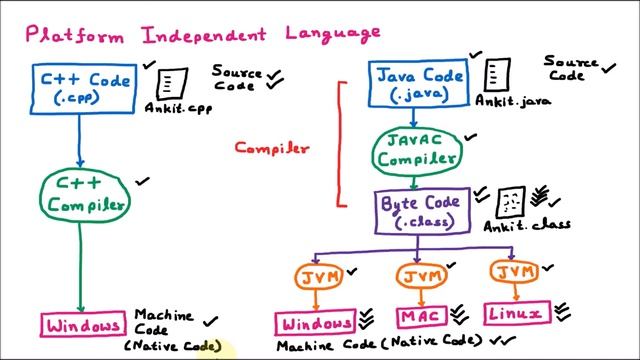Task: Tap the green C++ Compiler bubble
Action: (85, 195)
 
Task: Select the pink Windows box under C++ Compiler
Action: (83, 326)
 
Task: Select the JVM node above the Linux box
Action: (515, 272)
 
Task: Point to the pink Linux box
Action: (515, 314)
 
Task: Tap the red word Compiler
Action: (272, 148)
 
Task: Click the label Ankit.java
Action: (512, 101)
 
